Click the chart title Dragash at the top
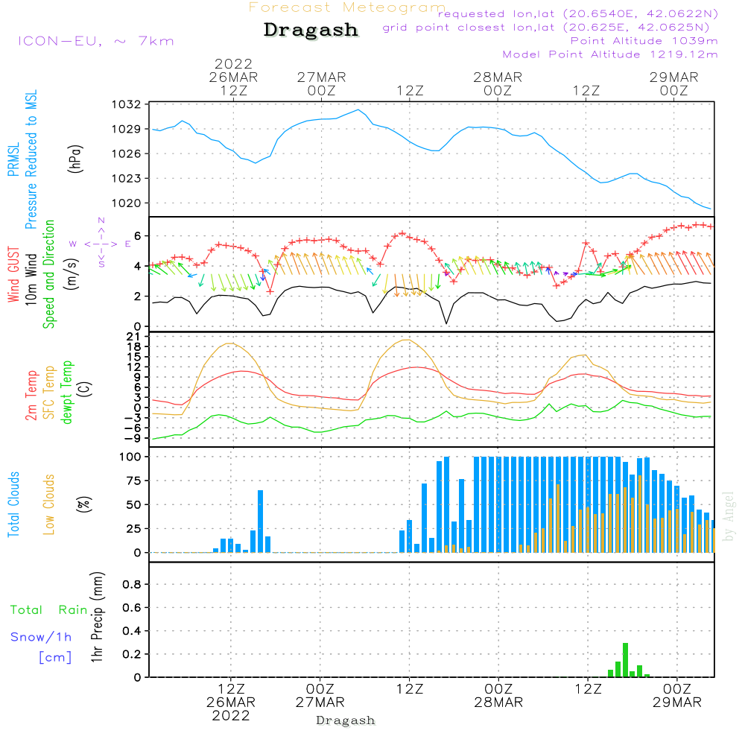(311, 31)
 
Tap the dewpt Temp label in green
(67, 393)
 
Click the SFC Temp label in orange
(49, 393)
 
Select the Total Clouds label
(13, 504)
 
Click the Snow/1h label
(42, 637)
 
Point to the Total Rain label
(49, 609)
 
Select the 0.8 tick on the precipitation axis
(133, 585)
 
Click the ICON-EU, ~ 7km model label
(95, 41)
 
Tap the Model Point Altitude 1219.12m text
(610, 54)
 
